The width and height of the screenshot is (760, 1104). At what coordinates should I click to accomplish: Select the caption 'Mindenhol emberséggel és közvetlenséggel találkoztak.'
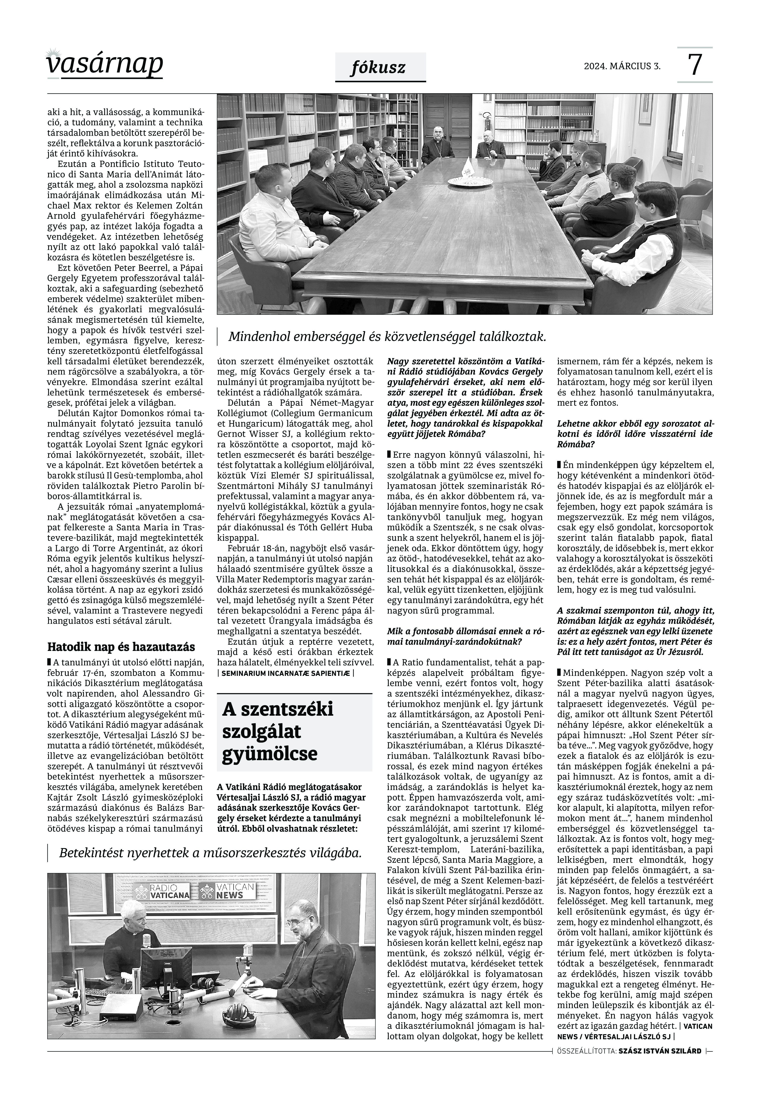[x=387, y=336]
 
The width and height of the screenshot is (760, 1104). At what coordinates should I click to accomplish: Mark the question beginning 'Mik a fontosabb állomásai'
[x=454, y=637]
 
